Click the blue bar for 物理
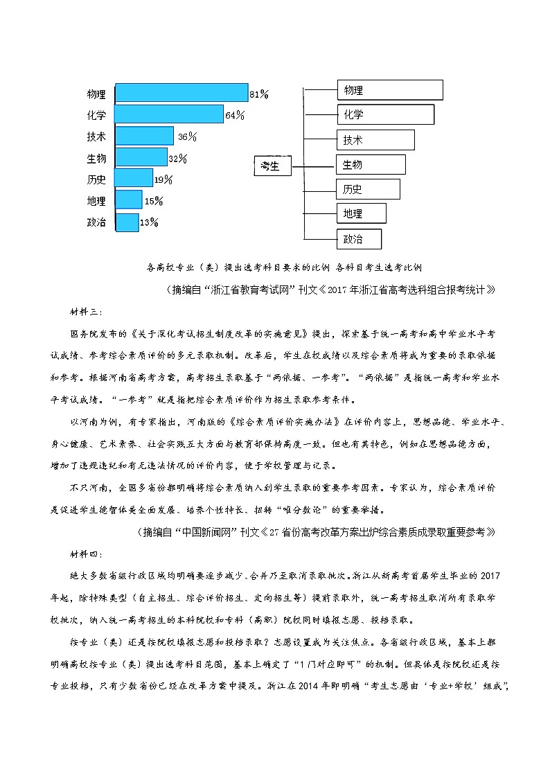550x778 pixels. (181, 93)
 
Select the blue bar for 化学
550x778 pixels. (169, 114)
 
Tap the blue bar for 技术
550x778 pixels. (144, 136)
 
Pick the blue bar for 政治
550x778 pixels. (127, 222)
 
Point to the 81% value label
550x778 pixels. (259, 93)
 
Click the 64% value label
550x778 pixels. (235, 115)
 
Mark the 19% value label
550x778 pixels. (163, 179)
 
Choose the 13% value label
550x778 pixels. (149, 222)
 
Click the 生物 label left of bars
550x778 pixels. (96, 159)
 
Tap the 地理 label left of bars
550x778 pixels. (96, 202)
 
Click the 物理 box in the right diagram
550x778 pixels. (389, 90)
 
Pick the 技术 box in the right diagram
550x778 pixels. (375, 140)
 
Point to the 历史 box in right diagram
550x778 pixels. (368, 189)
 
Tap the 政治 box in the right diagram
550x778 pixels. (359, 239)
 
